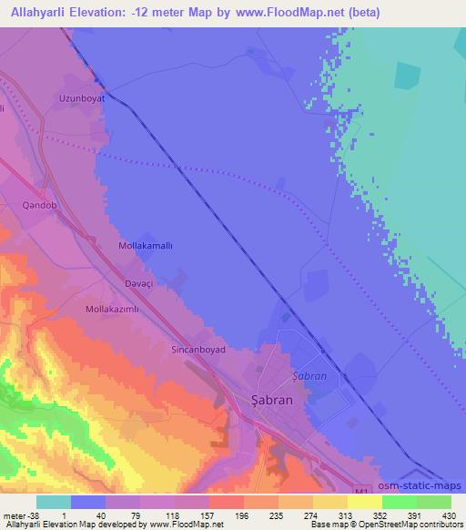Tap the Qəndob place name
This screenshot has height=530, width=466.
(40, 206)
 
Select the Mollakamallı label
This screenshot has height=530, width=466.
(147, 246)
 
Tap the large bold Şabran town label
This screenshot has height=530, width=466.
(271, 397)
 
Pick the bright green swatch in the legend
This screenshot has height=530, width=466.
(398, 501)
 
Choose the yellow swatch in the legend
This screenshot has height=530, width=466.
(362, 501)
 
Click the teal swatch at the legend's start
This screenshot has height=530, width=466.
(54, 501)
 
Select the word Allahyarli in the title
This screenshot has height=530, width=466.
(39, 14)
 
